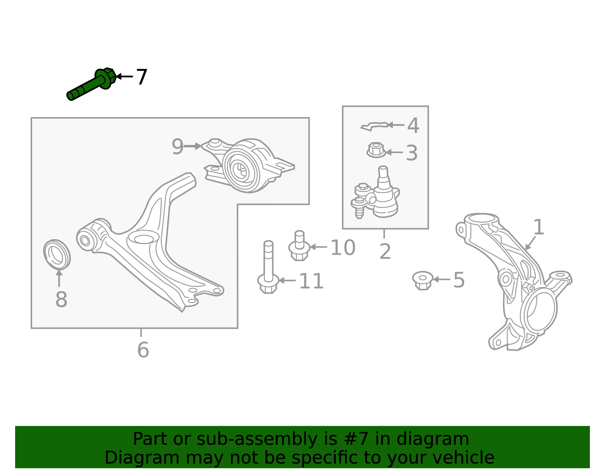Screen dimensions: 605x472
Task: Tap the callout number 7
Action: (141, 77)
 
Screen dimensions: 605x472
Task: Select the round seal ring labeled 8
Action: (57, 254)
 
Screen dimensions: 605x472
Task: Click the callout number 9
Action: (177, 147)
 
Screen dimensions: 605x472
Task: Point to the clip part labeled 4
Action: (374, 126)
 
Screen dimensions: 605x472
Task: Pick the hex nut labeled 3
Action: (376, 150)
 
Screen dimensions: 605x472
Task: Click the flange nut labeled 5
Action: (423, 280)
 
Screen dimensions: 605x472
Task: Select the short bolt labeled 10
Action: (299, 246)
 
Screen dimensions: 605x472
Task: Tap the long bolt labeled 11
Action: (268, 267)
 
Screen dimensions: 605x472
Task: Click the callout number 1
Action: (538, 227)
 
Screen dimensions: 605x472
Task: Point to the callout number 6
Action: (143, 350)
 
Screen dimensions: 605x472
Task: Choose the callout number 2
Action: (385, 252)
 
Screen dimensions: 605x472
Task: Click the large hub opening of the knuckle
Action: (540, 310)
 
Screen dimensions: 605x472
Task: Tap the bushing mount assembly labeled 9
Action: (248, 166)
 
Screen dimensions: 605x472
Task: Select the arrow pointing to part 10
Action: (318, 247)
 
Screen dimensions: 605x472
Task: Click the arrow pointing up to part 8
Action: (59, 278)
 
